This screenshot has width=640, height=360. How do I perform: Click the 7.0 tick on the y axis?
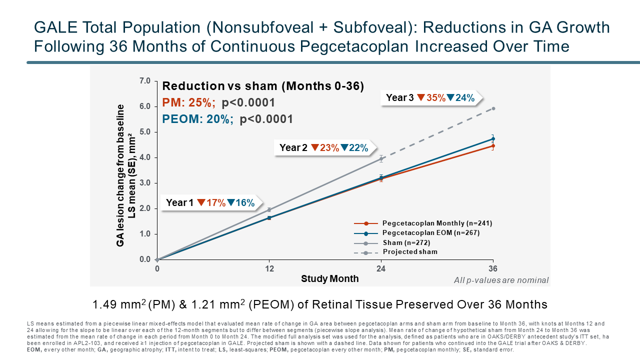coord(145,80)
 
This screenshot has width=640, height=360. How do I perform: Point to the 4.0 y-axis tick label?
coord(145,157)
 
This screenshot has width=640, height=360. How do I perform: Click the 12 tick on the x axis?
coord(269,268)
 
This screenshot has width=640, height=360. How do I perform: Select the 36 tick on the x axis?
coord(493,268)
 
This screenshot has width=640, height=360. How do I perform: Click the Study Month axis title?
coord(329,278)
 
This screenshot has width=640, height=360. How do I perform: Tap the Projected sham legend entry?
coord(409,251)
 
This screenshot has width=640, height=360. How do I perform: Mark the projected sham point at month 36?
coord(493,108)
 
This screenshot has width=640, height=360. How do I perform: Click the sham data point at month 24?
coord(381,159)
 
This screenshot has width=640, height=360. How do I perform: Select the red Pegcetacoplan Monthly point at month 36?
coord(493,145)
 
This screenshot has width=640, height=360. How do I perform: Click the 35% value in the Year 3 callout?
coord(435,98)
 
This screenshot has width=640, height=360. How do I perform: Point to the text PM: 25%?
coord(189,103)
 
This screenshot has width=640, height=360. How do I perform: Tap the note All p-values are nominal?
coord(501,280)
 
